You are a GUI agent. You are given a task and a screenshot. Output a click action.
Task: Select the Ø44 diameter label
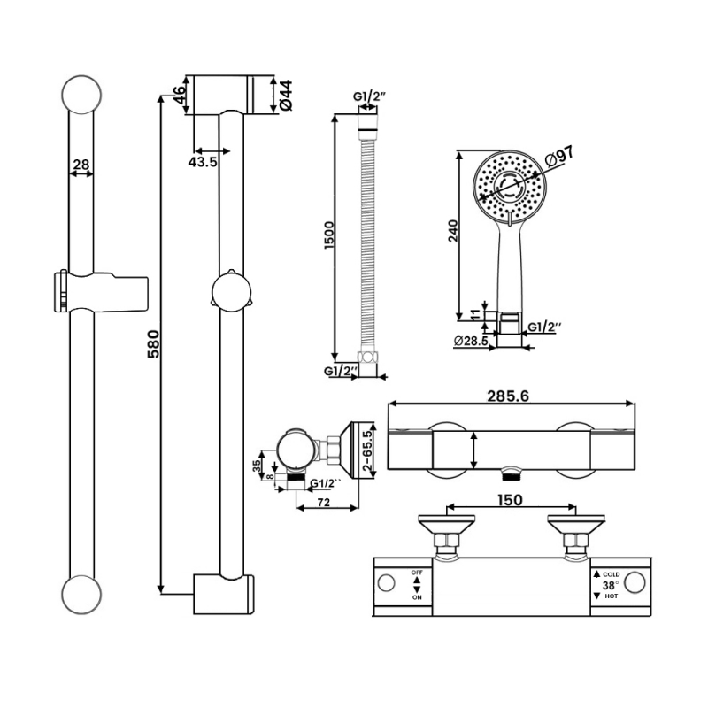click(285, 95)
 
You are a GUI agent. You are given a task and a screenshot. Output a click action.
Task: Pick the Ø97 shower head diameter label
click(560, 157)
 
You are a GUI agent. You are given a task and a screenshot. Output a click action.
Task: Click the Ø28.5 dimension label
click(472, 341)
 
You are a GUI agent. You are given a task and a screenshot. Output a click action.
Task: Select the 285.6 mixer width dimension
click(509, 396)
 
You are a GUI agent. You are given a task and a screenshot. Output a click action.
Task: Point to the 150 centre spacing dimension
click(511, 500)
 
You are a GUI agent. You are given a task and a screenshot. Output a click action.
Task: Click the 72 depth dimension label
click(325, 502)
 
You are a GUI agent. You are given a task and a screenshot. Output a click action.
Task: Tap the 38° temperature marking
click(611, 585)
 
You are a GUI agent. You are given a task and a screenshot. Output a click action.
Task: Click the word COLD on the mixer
click(612, 573)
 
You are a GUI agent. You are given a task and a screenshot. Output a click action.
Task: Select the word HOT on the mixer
click(612, 597)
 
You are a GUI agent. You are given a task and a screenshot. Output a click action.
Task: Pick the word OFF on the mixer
click(416, 573)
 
